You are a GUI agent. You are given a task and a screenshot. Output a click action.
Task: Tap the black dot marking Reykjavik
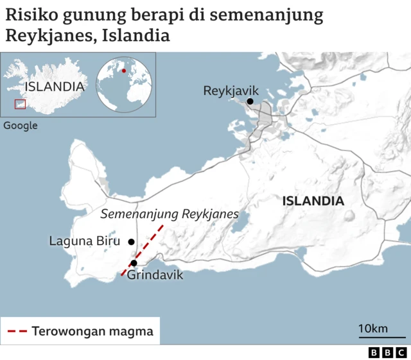coord(249,101)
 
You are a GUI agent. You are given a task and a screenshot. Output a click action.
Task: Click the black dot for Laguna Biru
coord(131,242)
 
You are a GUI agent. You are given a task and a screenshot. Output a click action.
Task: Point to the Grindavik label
coord(155,275)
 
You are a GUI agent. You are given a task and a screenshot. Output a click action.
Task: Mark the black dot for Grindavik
coord(134,263)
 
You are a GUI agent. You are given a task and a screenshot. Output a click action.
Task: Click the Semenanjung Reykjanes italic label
coord(170,214)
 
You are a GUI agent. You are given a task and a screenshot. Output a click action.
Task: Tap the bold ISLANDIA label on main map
coord(313,201)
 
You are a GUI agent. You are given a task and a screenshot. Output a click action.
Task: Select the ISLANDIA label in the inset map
coord(55,87)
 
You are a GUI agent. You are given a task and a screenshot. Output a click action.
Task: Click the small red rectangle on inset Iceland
coord(21,103)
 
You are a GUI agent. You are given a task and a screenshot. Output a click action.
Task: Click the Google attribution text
coord(21,126)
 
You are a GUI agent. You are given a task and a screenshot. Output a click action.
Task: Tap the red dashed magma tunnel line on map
coord(143,250)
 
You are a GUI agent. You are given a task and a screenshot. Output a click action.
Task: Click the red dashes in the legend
coord(17,332)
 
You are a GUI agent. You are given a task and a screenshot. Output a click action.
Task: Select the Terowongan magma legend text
coord(92,332)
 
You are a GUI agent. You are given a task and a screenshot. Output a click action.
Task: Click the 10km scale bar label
coord(372,329)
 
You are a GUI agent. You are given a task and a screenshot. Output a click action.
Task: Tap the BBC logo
coord(387,352)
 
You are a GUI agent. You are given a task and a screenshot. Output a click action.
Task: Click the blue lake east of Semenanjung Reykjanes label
coord(240,225)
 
